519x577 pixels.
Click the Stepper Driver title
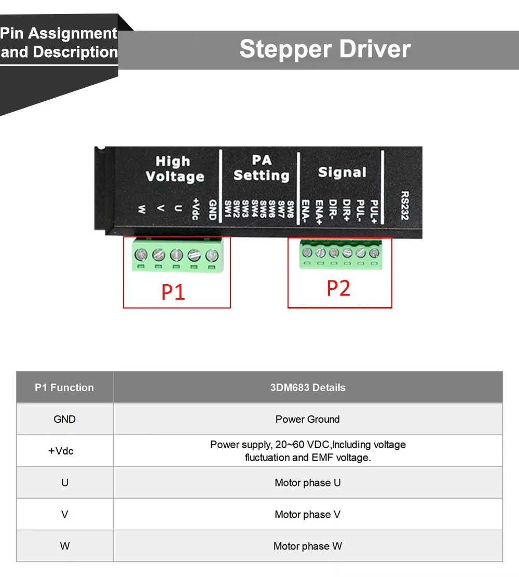coord(325,49)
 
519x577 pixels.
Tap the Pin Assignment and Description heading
coord(59,43)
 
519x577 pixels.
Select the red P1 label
coord(173,292)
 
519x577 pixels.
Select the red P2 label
coord(338,288)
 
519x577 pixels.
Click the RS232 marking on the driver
coord(405,206)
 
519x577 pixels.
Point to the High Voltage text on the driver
coord(174,169)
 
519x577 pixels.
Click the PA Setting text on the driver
coord(261,168)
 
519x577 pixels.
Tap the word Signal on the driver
coord(342,172)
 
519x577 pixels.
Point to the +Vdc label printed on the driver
coord(196,208)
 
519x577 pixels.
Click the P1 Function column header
coord(64,387)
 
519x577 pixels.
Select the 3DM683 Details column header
coord(308,387)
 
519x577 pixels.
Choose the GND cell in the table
coord(64,419)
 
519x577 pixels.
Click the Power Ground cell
coord(308,419)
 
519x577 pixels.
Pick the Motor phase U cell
coord(308,483)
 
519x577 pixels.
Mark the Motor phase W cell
coord(308,546)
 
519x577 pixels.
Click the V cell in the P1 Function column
coord(64,515)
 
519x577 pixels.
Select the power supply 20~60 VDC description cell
coord(308,451)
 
